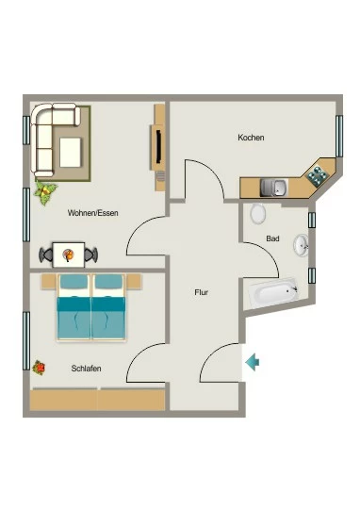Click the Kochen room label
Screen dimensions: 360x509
tap(251, 138)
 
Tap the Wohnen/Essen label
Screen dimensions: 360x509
tap(93, 213)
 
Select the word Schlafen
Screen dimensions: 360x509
tap(86, 369)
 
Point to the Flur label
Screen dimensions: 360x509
tap(202, 292)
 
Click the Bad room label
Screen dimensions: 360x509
tap(272, 238)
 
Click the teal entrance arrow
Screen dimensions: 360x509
tap(253, 362)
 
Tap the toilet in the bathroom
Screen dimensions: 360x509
tap(258, 214)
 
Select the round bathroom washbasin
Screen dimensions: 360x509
tap(302, 246)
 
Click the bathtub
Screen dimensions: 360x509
tap(273, 292)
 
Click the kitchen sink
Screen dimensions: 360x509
tap(273, 188)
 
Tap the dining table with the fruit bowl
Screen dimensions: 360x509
tap(69, 254)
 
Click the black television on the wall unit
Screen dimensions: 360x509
tap(159, 147)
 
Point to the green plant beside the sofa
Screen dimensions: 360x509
tap(45, 192)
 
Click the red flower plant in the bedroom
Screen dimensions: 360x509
tap(39, 368)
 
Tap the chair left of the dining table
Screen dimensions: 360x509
tap(46, 254)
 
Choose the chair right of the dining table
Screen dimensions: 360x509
tap(90, 254)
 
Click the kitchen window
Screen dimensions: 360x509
tap(339, 136)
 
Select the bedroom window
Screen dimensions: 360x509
tap(26, 341)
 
